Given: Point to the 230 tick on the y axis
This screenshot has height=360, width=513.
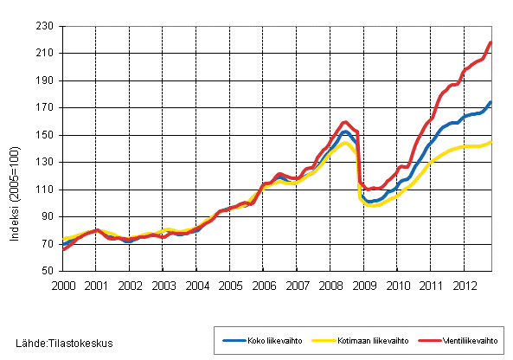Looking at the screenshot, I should coord(46,26).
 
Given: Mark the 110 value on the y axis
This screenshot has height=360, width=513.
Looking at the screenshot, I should coord(46,190).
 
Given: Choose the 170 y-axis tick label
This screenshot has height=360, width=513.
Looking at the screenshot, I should coord(46,108).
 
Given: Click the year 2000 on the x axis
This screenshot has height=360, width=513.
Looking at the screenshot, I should coord(62,285).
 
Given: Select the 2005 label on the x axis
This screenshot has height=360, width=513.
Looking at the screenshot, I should coord(230,285).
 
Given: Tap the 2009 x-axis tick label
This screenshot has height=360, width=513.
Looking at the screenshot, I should coord(364,285).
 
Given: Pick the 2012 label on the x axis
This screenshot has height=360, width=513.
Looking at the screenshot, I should coord(465,285).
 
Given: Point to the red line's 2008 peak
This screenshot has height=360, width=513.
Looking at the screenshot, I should coord(345,122).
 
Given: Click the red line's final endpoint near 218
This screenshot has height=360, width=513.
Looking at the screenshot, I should coord(491,42).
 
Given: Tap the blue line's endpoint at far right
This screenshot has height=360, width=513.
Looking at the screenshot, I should coord(491,102).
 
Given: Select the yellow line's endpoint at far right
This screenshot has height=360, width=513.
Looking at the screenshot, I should coord(491,141).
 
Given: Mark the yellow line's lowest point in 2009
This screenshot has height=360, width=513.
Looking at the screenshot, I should coord(372,206).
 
